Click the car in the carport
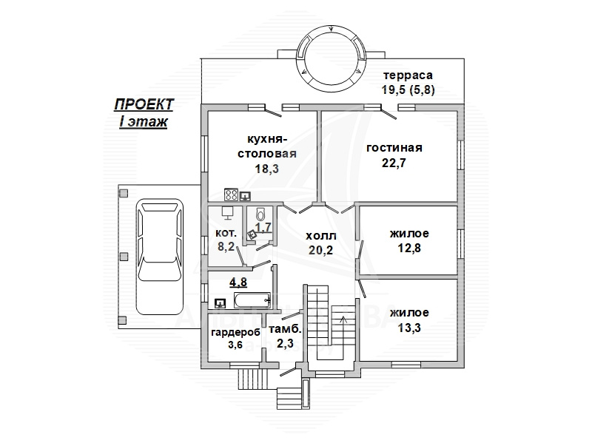pyautogui.click(x=159, y=257)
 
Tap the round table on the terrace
pyautogui.click(x=332, y=58)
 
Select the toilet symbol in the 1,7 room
pyautogui.click(x=261, y=214)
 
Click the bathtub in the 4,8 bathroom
pyautogui.click(x=252, y=300)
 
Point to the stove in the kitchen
pyautogui.click(x=231, y=195)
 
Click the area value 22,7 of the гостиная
pyautogui.click(x=394, y=163)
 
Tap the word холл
pyautogui.click(x=320, y=236)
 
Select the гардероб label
pyautogui.click(x=235, y=333)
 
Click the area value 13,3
pyautogui.click(x=409, y=328)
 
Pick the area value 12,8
pyautogui.click(x=409, y=248)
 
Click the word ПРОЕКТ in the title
pyautogui.click(x=144, y=104)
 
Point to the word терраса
pyautogui.click(x=408, y=75)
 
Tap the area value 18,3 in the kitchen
pyautogui.click(x=267, y=169)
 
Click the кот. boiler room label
pyautogui.click(x=226, y=234)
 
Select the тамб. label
pyautogui.click(x=286, y=329)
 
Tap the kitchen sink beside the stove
pyautogui.click(x=245, y=196)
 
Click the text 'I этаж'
pyautogui.click(x=143, y=122)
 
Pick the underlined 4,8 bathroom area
pyautogui.click(x=238, y=283)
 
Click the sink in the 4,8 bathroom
pyautogui.click(x=220, y=302)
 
